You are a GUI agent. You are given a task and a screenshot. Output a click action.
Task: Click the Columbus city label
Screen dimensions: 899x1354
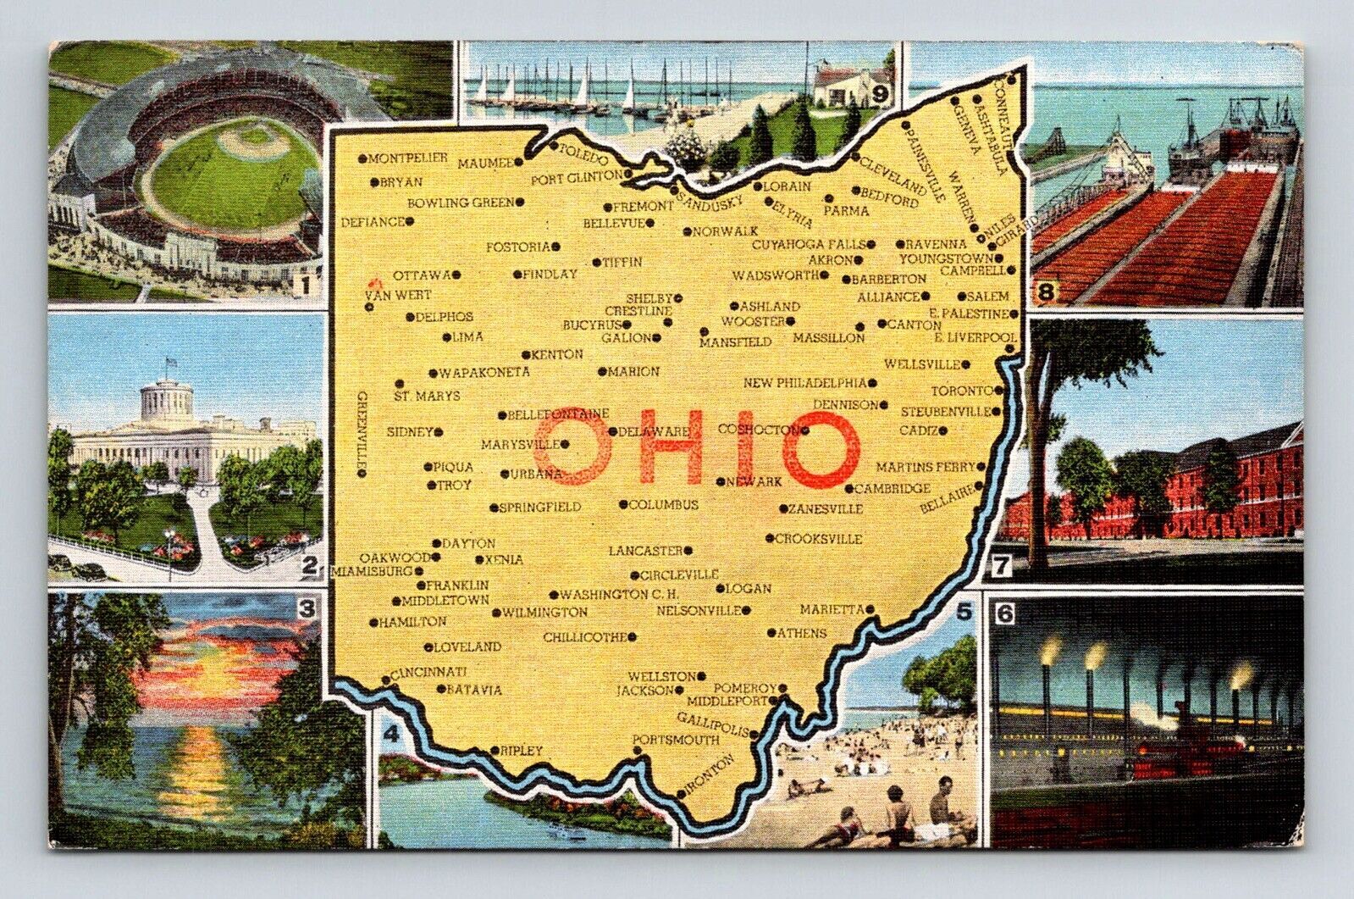click(664, 505)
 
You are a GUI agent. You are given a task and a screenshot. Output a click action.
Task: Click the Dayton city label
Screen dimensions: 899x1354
click(469, 543)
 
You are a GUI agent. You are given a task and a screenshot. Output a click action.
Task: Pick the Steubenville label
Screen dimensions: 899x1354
click(946, 412)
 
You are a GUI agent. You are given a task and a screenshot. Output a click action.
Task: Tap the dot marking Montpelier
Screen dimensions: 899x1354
click(362, 158)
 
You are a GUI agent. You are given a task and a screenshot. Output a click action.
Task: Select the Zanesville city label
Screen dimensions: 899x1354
click(826, 509)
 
